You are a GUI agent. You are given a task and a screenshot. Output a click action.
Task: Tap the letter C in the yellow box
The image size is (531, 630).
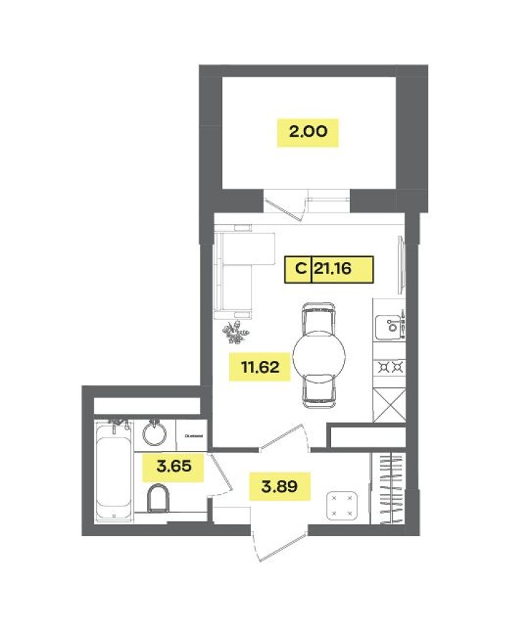pyautogui.click(x=298, y=270)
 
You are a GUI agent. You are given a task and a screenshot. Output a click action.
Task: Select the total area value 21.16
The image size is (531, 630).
pyautogui.click(x=343, y=270)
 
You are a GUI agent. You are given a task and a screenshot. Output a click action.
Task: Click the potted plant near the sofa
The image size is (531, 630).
pyautogui.click(x=234, y=331)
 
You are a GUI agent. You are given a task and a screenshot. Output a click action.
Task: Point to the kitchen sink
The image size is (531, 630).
pyautogui.click(x=391, y=326)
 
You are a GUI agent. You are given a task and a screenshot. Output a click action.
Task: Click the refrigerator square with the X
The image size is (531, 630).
pyautogui.click(x=391, y=404)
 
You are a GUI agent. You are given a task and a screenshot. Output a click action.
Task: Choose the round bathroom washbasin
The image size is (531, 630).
pyautogui.click(x=153, y=432)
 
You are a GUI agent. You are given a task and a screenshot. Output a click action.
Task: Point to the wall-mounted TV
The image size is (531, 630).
pyautogui.click(x=403, y=266)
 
